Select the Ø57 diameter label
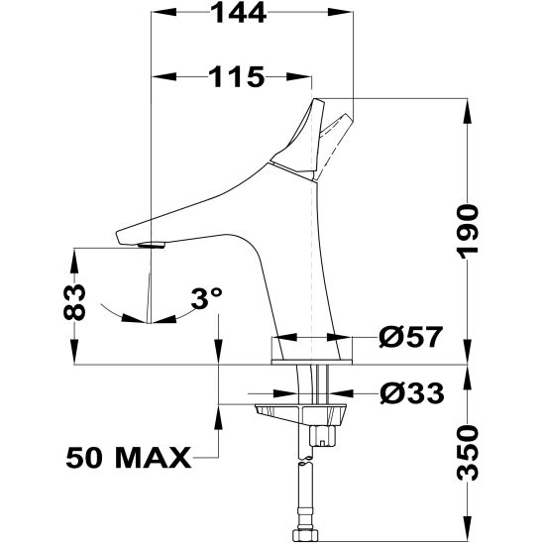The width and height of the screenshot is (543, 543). (410, 338)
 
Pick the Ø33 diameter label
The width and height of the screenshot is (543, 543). (410, 394)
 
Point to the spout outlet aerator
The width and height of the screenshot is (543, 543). (151, 243)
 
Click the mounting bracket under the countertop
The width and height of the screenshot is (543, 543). (297, 412)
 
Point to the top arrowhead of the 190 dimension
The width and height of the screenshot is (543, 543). (467, 107)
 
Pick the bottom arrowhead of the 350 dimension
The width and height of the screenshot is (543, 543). (467, 531)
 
